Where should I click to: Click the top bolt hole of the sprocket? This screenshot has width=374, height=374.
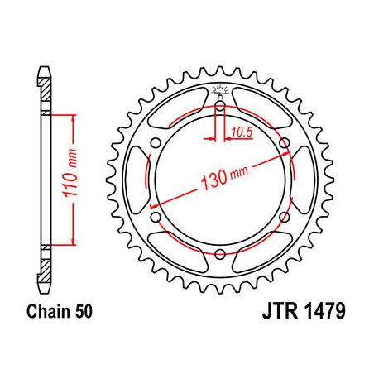point(221,105)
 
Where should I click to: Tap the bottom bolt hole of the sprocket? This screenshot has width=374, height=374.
point(221,254)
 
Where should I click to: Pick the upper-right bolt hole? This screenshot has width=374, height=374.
point(285,142)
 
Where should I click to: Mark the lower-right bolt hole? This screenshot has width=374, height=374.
point(285,217)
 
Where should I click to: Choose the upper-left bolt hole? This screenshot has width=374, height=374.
point(156,142)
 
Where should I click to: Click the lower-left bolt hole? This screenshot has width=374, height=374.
point(156,217)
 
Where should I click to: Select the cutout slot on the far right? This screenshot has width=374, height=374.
point(306,180)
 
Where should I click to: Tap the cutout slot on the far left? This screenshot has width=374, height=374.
point(135,180)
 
